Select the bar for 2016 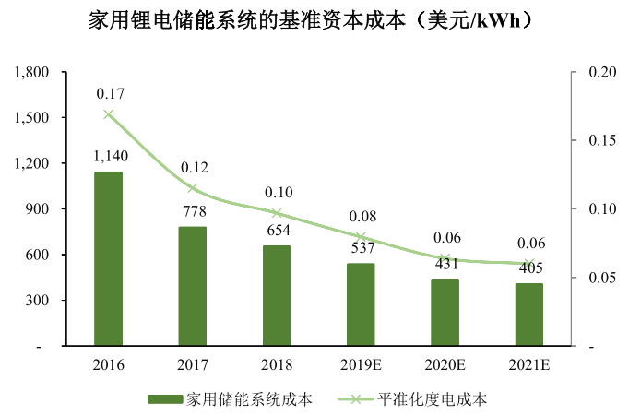108,258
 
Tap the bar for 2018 277,295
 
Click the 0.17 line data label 110,94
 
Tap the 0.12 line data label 194,168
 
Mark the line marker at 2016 109,114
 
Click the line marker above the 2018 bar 277,213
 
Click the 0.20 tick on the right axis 587,72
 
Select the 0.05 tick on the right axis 587,278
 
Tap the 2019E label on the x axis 361,364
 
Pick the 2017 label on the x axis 193,364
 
